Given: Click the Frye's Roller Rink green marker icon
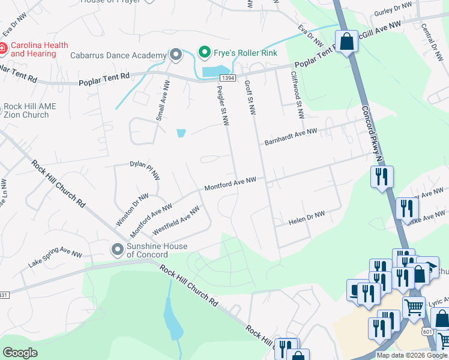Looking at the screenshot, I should pos(204,52).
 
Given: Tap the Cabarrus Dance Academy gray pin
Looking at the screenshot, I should pos(175,56).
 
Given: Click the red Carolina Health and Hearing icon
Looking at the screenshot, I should pos(4,48).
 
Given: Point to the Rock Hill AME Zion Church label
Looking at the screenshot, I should pos(29,110).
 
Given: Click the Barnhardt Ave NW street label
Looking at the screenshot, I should pos(291,136).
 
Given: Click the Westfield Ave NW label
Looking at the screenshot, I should pos(176,221).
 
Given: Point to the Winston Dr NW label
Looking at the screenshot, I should pos(132,209).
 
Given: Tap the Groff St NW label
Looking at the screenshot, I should pos(250,98).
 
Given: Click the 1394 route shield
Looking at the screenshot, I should pos(227,78).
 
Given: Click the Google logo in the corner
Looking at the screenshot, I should pos(20,353).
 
